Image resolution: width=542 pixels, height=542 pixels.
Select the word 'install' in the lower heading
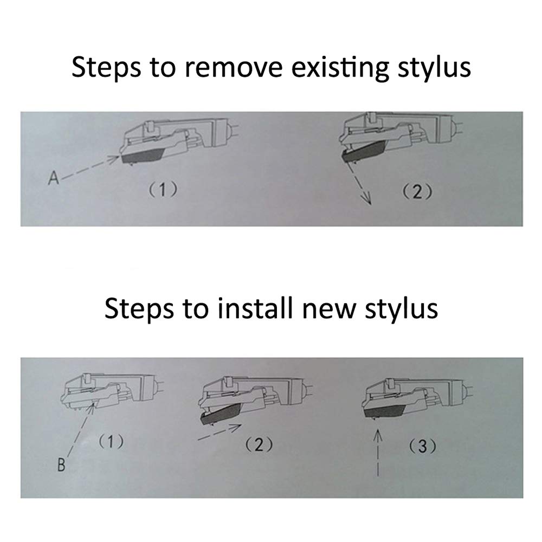coord(255,308)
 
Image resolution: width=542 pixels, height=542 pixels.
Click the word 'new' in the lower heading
coord(329,311)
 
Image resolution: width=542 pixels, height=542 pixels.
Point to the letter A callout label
coord(54,178)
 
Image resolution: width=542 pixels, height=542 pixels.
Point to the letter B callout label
coord(61,465)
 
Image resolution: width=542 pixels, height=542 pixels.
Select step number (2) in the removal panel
coord(417,192)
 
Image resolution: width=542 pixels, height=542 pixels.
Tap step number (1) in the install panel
coord(111,441)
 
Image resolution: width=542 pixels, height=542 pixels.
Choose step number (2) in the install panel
coord(259,444)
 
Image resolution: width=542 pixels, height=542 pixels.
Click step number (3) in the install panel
coord(422,447)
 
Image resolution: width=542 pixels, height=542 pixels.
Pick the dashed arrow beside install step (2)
coord(220,432)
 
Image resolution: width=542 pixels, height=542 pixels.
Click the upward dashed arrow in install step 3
coord(378,452)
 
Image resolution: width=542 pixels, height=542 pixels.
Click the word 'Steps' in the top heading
coord(106,67)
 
